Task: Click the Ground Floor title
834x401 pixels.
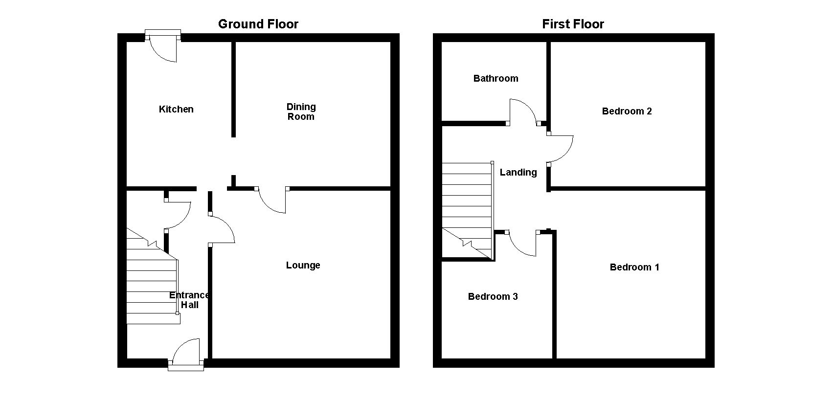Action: click(258, 24)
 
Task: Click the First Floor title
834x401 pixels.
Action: click(573, 24)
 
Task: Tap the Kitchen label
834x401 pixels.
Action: click(176, 109)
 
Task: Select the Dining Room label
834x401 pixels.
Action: click(301, 111)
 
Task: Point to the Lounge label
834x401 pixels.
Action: click(303, 265)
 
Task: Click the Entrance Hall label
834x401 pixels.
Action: click(189, 300)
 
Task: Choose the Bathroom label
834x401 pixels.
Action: click(496, 78)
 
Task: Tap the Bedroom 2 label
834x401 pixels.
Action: click(627, 111)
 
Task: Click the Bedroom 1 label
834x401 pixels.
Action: click(634, 267)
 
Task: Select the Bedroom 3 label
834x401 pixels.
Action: click(493, 296)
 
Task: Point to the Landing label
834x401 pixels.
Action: click(518, 172)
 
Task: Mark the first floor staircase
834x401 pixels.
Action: click(467, 205)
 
